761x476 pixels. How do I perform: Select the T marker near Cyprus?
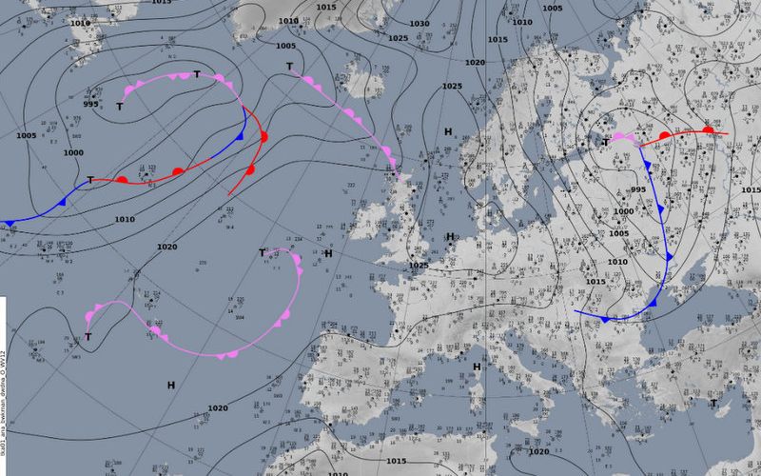pos(713,404)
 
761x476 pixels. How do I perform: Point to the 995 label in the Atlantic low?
pos(90,105)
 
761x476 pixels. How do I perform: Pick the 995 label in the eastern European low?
pos(638,190)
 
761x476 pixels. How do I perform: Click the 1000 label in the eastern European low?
pos(623,211)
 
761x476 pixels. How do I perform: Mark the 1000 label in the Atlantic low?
pos(73,153)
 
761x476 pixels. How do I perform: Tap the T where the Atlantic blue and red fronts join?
pos(90,180)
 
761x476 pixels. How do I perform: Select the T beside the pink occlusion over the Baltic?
pos(606,143)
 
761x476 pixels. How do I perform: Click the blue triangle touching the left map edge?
pos(10,224)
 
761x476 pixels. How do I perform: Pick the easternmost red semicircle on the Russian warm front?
pos(708,130)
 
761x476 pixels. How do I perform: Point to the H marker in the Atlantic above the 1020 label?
pos(171,385)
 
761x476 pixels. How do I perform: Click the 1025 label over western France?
pos(419,266)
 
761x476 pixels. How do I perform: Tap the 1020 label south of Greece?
pos(538,451)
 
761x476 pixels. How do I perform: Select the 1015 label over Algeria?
pos(397,461)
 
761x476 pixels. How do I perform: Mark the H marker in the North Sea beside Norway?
pos(447,131)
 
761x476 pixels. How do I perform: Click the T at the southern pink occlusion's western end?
pos(88,337)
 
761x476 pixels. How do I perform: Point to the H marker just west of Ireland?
pos(327,253)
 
